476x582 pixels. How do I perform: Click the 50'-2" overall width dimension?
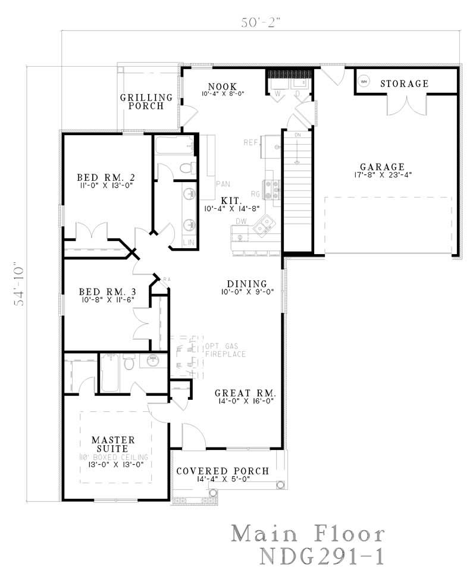pos(260,23)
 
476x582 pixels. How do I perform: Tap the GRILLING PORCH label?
pos(146,102)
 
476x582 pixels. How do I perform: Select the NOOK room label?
pos(223,86)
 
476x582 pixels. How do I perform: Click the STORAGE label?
pos(404,83)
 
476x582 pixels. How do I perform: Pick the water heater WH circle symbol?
pos(364,80)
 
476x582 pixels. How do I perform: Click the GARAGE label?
pos(382,167)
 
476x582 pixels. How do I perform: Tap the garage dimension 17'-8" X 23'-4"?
pos(382,175)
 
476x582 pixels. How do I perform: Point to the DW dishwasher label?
pos(240,221)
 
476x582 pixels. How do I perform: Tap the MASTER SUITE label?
pos(113,445)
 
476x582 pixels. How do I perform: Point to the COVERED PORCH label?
pos(223,471)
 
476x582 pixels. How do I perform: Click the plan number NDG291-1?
pos(321,556)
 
